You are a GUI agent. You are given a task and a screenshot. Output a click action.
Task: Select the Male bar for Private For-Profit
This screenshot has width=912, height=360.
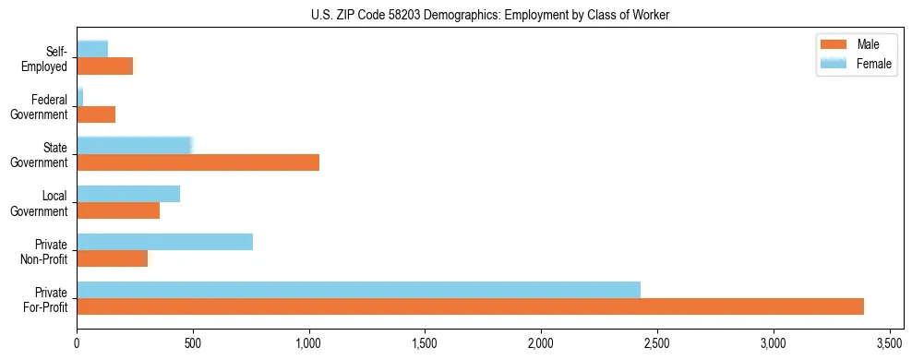(x=470, y=306)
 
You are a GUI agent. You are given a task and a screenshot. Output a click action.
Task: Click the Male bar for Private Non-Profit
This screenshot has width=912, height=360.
(x=112, y=258)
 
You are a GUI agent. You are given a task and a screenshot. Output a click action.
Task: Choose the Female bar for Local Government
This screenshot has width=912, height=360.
(x=128, y=194)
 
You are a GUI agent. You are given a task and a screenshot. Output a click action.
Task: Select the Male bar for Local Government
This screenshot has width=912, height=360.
(x=118, y=210)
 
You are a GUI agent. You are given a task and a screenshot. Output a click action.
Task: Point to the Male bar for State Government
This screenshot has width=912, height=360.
(x=198, y=162)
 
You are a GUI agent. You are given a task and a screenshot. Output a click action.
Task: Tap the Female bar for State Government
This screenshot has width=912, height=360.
(x=134, y=146)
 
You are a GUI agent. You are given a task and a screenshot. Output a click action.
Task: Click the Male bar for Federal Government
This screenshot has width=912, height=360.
(x=96, y=114)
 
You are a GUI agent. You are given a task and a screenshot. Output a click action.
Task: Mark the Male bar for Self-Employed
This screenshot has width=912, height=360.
(x=104, y=66)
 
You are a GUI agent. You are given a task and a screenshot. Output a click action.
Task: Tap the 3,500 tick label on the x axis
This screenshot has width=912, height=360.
(x=889, y=342)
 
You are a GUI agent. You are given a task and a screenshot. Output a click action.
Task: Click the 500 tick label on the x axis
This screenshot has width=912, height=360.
(x=193, y=342)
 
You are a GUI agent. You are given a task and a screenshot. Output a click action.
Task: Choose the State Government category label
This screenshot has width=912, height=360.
(x=48, y=154)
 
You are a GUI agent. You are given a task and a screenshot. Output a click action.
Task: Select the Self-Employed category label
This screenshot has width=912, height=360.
(x=48, y=58)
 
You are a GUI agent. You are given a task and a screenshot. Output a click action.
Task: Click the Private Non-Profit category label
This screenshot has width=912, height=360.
(x=48, y=250)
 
